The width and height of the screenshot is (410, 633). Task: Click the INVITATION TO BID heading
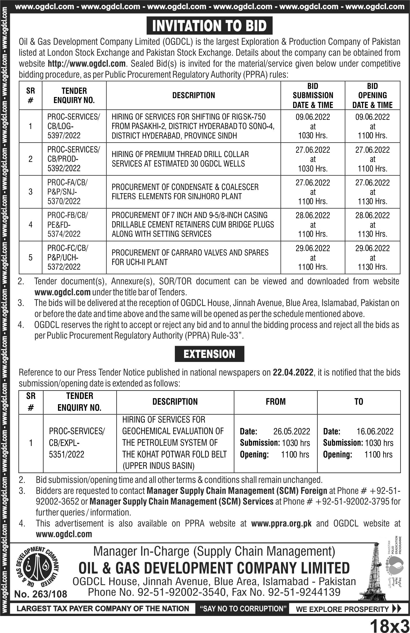209,26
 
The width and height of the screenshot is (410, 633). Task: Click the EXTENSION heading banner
209,354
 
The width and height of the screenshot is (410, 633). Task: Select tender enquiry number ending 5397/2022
74,126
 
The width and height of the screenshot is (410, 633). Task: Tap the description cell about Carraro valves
190,257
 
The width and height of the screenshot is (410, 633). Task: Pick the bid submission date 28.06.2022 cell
313,225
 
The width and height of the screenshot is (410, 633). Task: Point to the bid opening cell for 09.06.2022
372,126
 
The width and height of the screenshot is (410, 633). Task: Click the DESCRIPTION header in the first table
193,95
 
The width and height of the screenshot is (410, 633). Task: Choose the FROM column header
276,402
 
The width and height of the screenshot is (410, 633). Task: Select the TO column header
359,402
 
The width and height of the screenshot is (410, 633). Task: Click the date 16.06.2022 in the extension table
375,431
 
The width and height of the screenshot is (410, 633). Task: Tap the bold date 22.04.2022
293,373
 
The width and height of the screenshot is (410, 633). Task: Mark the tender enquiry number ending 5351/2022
77,443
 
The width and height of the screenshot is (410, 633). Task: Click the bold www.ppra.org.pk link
281,524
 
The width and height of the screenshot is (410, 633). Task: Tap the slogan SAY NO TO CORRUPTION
243,608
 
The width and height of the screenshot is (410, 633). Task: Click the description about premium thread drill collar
180,159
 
